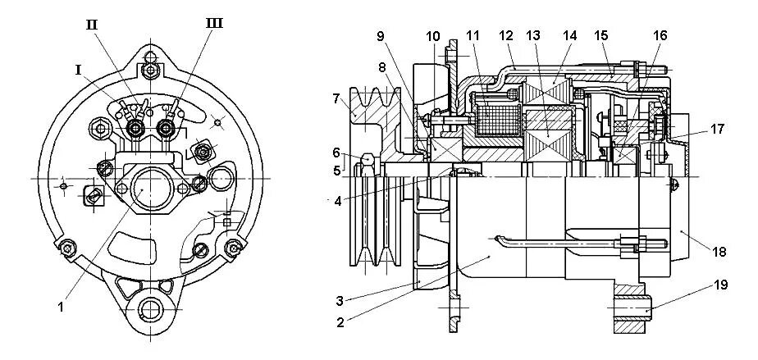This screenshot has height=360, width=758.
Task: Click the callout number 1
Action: tap(60, 308)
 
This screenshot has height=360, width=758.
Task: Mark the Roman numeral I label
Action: tap(79, 71)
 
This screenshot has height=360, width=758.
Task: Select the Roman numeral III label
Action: tap(213, 24)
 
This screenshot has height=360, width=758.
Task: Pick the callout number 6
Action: tap(336, 152)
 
